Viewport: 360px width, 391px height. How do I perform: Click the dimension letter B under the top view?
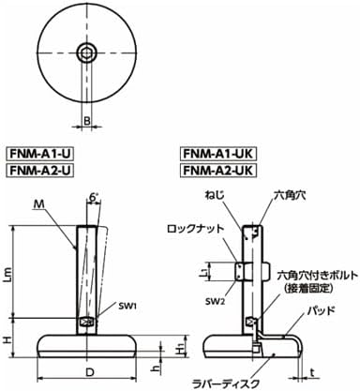click(x=86, y=120)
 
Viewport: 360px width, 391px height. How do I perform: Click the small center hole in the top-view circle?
click(x=86, y=51)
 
